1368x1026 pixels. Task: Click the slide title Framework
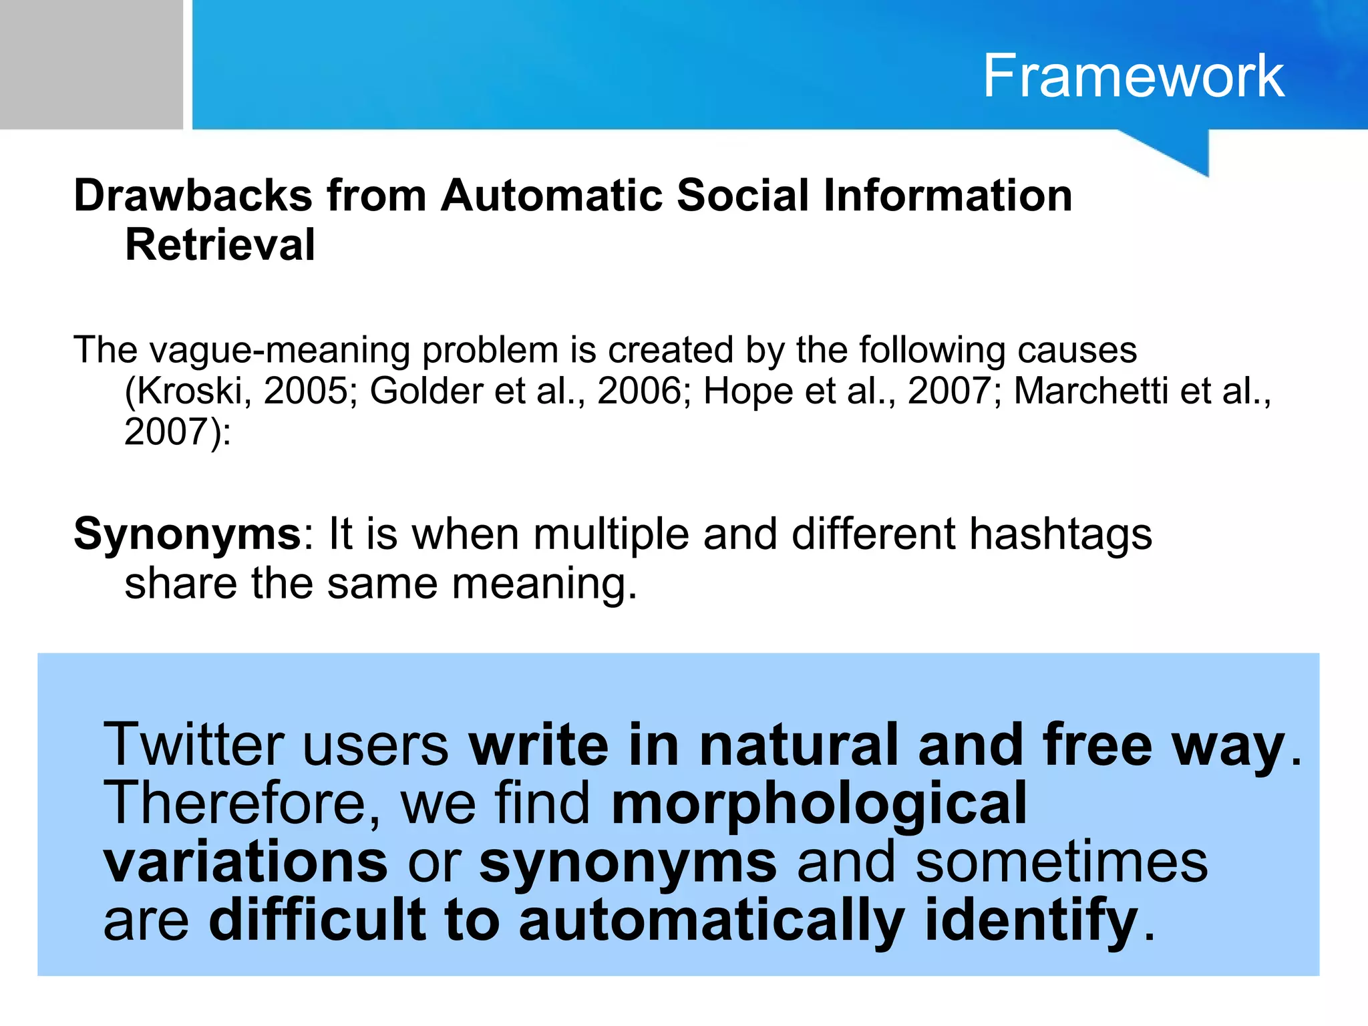(x=1133, y=76)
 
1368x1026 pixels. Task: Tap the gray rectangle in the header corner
(x=91, y=64)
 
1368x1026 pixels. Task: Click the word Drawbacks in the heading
(x=193, y=196)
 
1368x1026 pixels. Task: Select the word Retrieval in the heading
(x=220, y=244)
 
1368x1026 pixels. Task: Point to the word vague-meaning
(x=279, y=350)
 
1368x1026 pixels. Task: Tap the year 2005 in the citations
(x=305, y=391)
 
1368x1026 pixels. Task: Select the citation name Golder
(x=426, y=391)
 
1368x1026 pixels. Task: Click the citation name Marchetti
(x=1091, y=391)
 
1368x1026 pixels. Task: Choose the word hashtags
(x=1061, y=535)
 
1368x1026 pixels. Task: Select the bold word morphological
(x=819, y=803)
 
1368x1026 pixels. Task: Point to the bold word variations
(x=245, y=862)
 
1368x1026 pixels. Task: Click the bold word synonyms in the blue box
(x=628, y=863)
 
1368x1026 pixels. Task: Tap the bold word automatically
(x=711, y=920)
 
